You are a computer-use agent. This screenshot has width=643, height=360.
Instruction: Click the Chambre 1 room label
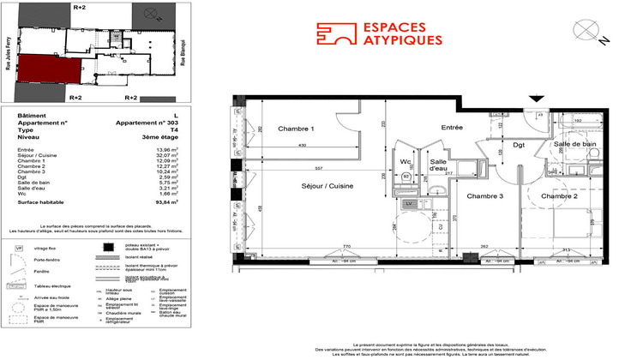(296, 129)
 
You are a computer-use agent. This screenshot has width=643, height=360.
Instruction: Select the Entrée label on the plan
(451, 127)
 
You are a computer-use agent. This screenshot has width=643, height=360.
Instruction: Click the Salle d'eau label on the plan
(439, 166)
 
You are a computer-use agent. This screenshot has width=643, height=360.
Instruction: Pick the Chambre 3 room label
(486, 196)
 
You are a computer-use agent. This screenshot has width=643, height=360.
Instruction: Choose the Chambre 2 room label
(558, 196)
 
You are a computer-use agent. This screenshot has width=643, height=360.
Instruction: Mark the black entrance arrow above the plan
(538, 100)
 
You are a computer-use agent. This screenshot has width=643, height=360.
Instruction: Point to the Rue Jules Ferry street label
(9, 60)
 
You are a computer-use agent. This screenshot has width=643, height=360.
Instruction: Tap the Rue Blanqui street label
(183, 51)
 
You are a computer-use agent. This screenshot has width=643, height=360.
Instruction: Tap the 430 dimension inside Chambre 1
(302, 145)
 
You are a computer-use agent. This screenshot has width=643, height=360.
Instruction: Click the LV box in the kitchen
(408, 203)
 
